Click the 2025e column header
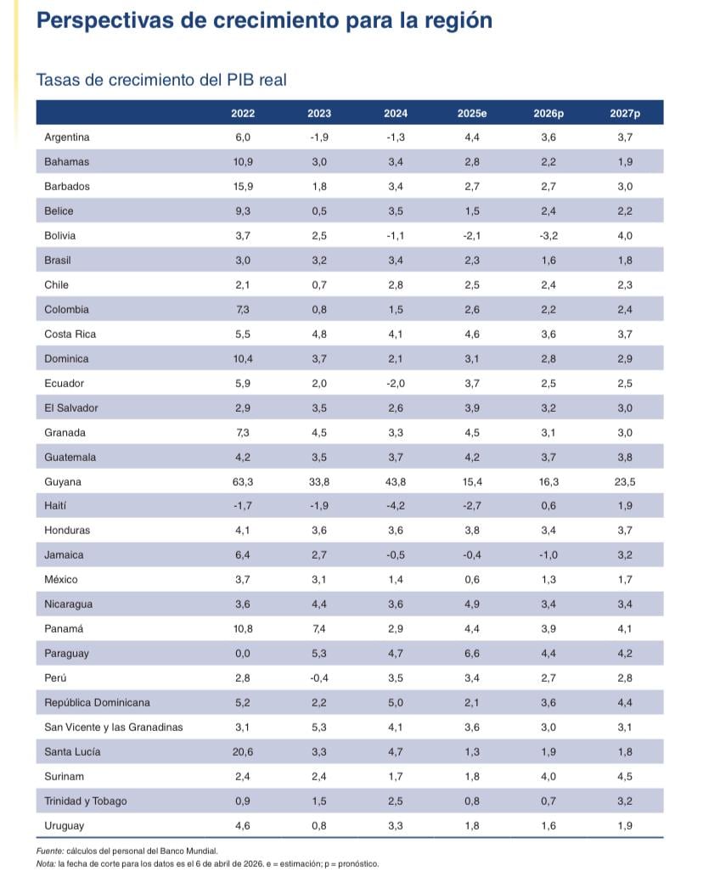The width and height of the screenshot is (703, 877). tap(472, 113)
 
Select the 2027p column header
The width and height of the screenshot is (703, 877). tap(625, 113)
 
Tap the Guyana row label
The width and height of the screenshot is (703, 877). tap(63, 481)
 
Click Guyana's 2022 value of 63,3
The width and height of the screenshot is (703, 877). tap(243, 481)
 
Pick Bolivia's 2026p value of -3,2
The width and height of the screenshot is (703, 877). tap(548, 235)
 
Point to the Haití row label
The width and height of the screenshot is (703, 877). tap(55, 506)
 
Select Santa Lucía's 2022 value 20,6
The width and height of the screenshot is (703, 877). tap(243, 752)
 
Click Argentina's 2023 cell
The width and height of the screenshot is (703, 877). tap(319, 137)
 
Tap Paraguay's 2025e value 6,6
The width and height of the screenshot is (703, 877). tap(472, 654)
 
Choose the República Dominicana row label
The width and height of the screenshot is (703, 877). tap(97, 703)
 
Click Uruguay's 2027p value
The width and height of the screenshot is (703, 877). tap(625, 825)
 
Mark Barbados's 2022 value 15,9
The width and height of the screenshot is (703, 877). tap(243, 186)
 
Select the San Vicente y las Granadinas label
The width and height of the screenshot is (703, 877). tap(113, 728)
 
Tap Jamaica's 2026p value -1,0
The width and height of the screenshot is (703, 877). tap(548, 555)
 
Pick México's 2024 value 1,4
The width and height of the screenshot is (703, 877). tap(396, 580)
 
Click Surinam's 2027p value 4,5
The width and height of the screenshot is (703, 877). tap(625, 776)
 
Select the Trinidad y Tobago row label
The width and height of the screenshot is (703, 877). tap(85, 801)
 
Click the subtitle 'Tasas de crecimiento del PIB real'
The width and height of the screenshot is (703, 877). tap(161, 80)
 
